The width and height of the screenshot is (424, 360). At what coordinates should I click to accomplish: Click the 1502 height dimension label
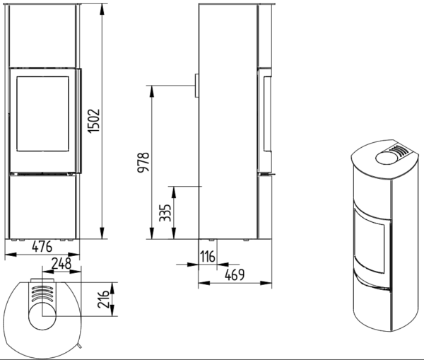[95, 121]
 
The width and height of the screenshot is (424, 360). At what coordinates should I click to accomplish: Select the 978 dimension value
[143, 163]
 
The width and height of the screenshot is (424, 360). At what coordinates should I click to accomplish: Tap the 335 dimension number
[165, 213]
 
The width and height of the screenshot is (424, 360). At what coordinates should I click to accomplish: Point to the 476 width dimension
[42, 247]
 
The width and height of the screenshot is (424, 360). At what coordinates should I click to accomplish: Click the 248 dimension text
[61, 263]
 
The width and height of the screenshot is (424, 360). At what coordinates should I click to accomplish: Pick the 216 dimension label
[103, 299]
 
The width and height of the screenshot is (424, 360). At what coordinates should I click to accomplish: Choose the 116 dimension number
[208, 256]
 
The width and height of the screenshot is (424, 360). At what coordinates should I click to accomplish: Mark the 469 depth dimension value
[235, 275]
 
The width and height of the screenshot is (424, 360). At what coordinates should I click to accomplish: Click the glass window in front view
[42, 114]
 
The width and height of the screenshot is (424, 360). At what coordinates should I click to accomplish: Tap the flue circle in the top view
[42, 316]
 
